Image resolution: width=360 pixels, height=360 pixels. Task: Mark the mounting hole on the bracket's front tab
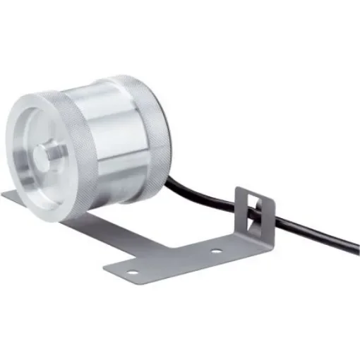[x=131, y=270]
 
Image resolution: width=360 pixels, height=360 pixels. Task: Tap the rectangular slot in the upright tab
[x=255, y=212]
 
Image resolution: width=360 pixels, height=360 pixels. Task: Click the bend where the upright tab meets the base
[x=254, y=237]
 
